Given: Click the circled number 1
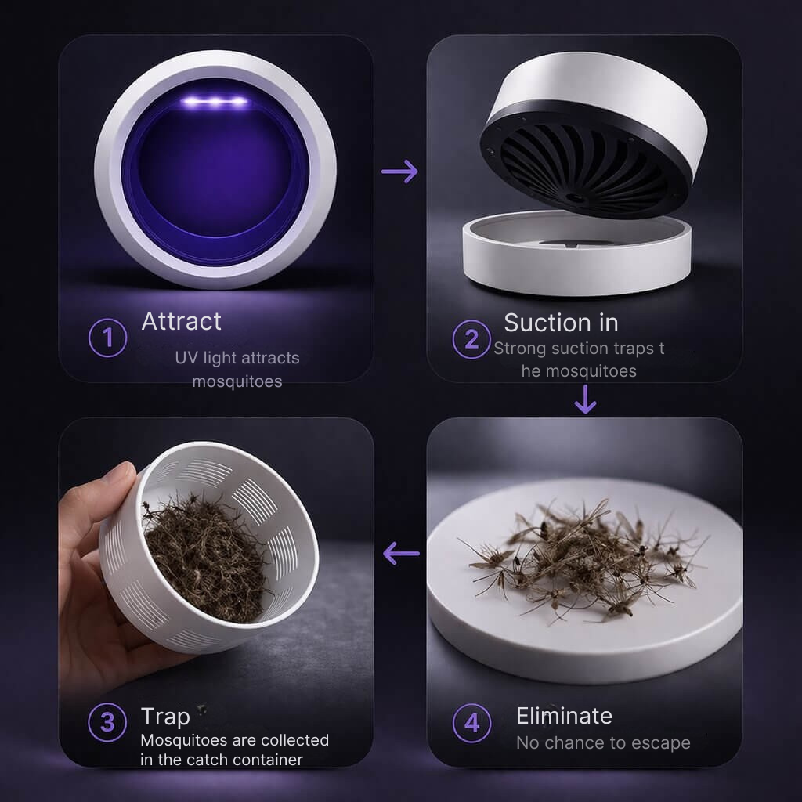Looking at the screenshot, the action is tap(107, 338).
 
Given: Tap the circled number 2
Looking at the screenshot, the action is tap(471, 339).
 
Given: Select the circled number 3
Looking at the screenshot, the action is tap(107, 722).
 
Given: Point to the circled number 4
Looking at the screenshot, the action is tap(471, 723).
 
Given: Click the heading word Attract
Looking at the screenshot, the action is tap(181, 322).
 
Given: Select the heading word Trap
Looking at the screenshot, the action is tap(165, 717).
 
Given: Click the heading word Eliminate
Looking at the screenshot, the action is tap(564, 716).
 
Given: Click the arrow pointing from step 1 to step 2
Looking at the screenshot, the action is tap(399, 172).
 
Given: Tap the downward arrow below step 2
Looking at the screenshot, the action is tap(585, 399).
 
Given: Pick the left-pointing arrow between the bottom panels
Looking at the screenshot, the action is tap(401, 554).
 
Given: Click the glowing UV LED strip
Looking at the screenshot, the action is tap(215, 103).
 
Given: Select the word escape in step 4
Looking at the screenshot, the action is tap(662, 743).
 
